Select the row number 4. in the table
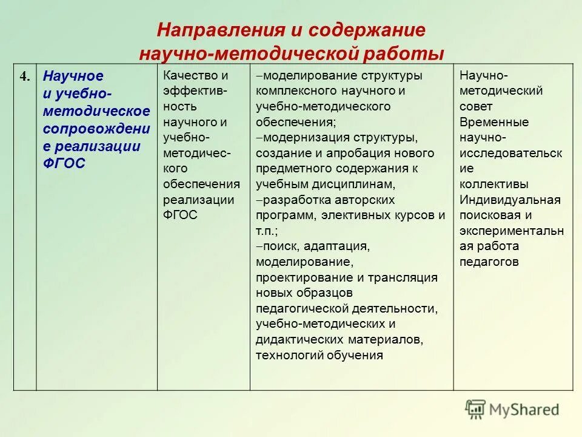coord(25,76)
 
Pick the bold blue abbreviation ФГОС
coord(65,164)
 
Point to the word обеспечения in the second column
coord(201,184)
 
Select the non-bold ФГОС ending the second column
coord(180,215)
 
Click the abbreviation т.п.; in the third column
coord(267,231)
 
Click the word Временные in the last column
coord(494,122)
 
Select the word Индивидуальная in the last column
coord(510,200)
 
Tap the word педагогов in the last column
coord(489,262)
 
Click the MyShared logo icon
coord(476,409)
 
